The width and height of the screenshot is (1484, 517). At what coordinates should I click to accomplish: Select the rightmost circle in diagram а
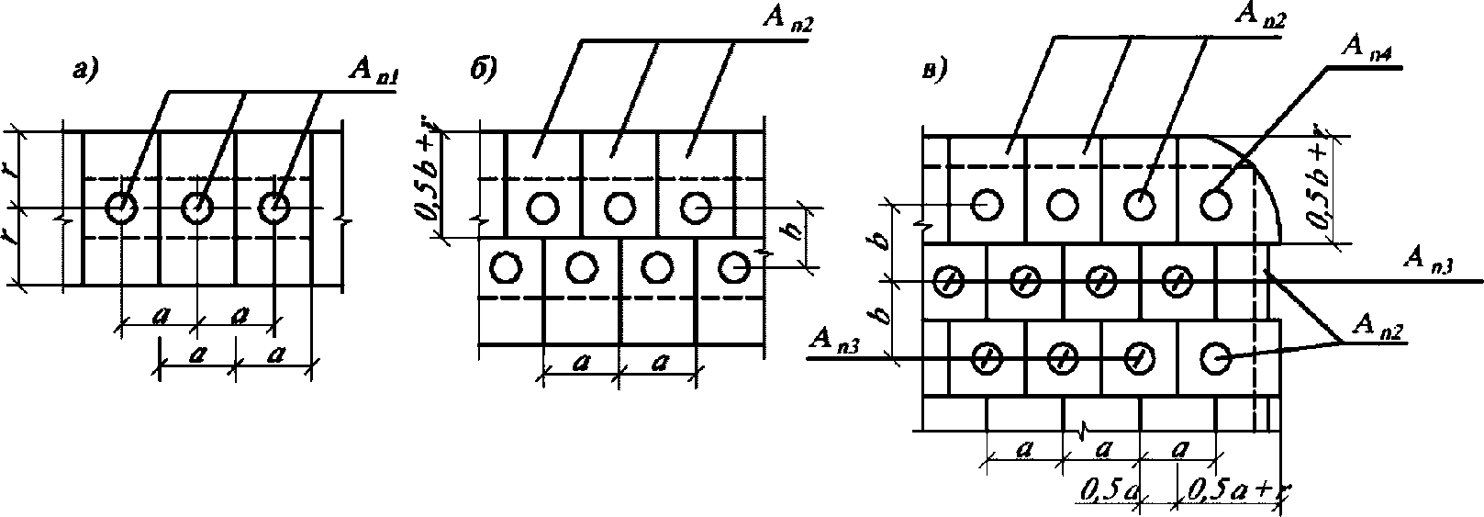(273, 208)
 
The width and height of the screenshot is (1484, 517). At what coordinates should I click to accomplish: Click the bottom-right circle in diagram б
(733, 267)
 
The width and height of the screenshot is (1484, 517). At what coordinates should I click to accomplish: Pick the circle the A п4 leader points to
(1215, 204)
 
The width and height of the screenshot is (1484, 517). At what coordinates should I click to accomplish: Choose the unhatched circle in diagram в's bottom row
(1215, 357)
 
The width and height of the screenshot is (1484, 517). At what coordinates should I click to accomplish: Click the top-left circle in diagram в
(987, 204)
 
